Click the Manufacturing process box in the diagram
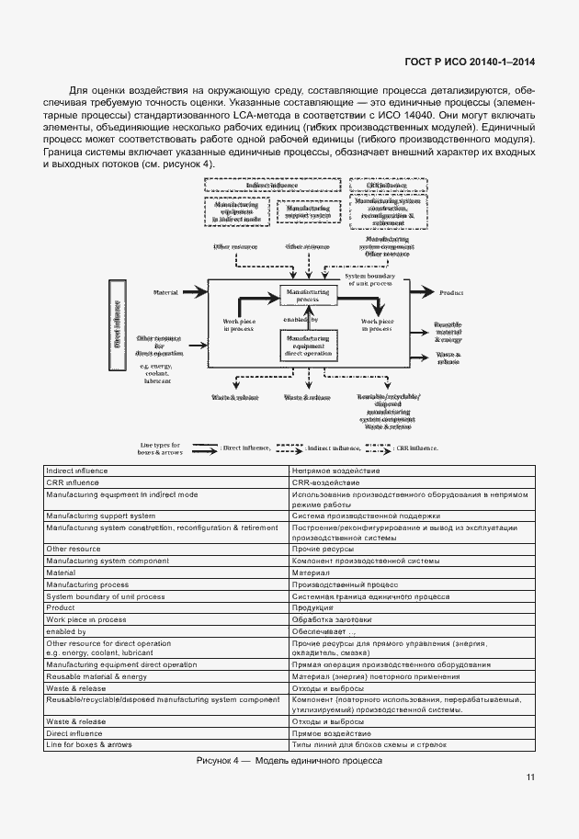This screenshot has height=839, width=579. click(309, 295)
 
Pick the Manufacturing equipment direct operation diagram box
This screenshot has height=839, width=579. click(309, 345)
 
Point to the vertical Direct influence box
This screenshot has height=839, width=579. click(117, 323)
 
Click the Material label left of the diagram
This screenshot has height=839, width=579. click(165, 292)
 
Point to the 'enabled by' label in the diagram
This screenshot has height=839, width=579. click(296, 320)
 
